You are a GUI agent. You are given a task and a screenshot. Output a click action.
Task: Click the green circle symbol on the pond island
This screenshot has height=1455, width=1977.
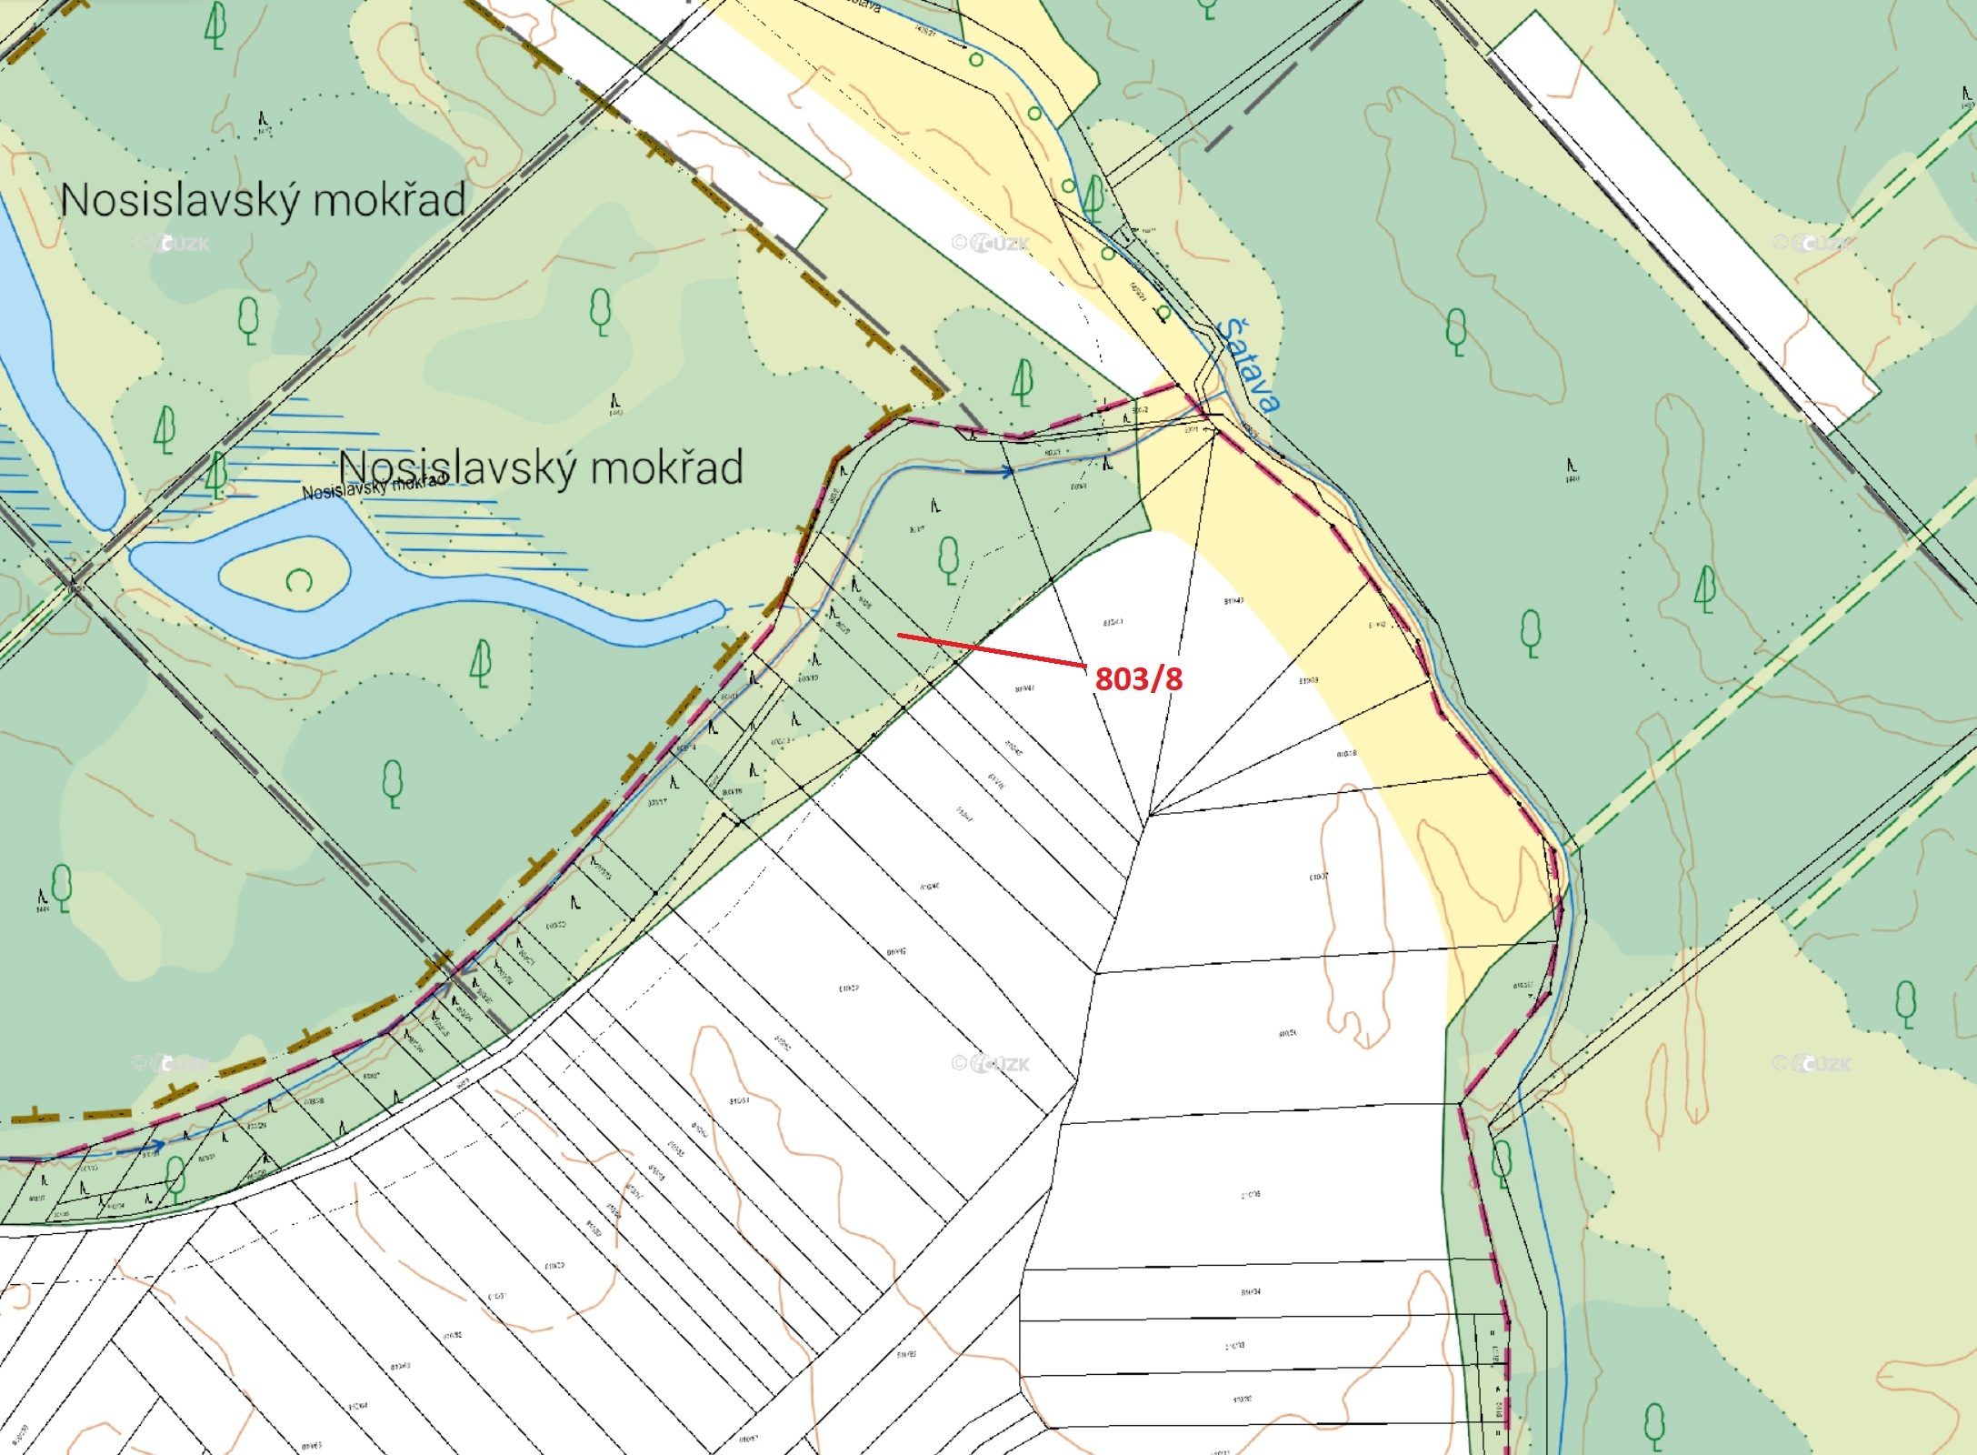coord(299,579)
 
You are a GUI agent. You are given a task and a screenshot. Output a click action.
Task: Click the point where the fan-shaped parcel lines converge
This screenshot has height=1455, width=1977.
coord(1150,815)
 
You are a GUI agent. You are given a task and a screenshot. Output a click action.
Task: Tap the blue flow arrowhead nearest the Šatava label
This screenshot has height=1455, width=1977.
coord(1007,471)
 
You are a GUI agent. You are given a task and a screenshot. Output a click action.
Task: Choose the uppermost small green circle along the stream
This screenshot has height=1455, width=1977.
coord(975,60)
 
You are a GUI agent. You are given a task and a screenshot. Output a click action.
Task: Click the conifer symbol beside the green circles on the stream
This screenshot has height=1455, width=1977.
coord(1094,198)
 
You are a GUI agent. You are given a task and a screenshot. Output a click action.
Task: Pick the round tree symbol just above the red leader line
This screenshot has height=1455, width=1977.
coord(948,559)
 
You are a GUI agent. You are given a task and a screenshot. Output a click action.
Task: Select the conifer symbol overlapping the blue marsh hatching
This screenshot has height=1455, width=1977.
coord(215,475)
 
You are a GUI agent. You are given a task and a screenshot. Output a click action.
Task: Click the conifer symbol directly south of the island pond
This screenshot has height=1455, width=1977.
coord(481,663)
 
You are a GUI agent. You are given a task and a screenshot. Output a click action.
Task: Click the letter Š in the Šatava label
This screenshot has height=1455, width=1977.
coord(1231,331)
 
